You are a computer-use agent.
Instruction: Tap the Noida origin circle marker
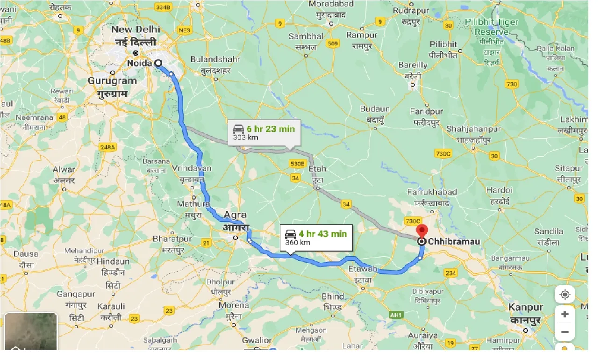pyautogui.click(x=158, y=63)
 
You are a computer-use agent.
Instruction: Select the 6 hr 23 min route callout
pyautogui.click(x=264, y=133)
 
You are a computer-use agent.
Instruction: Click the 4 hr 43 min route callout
pyautogui.click(x=316, y=238)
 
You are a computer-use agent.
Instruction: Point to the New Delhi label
pyautogui.click(x=136, y=29)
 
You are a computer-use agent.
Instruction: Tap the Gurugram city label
pyautogui.click(x=112, y=80)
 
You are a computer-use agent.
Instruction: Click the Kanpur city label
pyautogui.click(x=526, y=308)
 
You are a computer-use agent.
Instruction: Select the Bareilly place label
pyautogui.click(x=413, y=65)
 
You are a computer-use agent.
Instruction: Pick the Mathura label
pyautogui.click(x=193, y=204)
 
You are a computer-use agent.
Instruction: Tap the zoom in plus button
pyautogui.click(x=564, y=314)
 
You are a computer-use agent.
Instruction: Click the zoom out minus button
pyautogui.click(x=564, y=332)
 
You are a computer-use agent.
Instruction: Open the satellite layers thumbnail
pyautogui.click(x=31, y=331)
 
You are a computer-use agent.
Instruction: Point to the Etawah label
pyautogui.click(x=363, y=269)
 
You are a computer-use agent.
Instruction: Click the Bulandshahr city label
pyautogui.click(x=215, y=59)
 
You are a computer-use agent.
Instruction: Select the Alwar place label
pyautogui.click(x=64, y=170)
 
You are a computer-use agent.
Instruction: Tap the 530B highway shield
pyautogui.click(x=297, y=164)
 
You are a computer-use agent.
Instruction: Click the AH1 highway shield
pyautogui.click(x=396, y=315)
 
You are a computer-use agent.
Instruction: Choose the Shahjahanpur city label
pyautogui.click(x=473, y=129)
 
